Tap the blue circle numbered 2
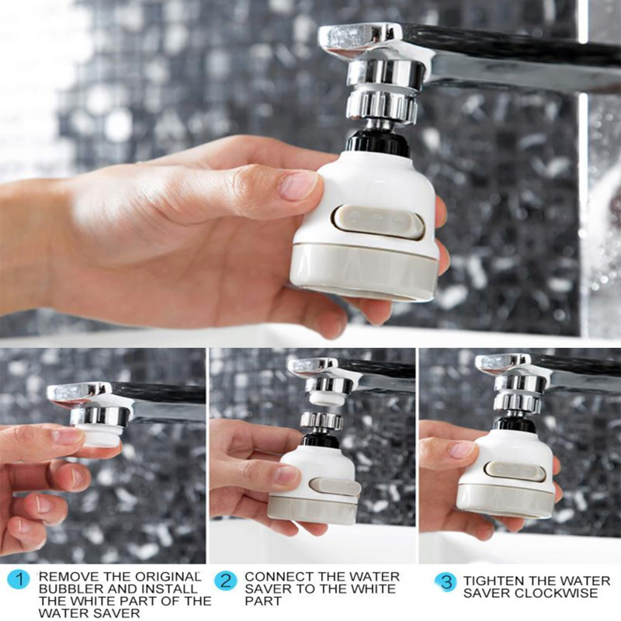[x=225, y=579]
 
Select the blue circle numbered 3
[x=445, y=582]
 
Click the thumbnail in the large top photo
[x=299, y=186]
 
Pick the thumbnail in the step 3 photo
[x=463, y=449]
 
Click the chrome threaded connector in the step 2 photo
[x=321, y=420]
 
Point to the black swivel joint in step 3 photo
[x=514, y=424]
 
